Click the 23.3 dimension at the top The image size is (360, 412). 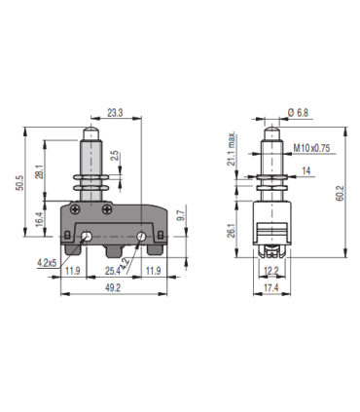click(x=115, y=114)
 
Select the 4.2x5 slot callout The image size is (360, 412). click(x=42, y=261)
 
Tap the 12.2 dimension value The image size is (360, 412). click(x=272, y=270)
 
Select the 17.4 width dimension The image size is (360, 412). click(x=272, y=289)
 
